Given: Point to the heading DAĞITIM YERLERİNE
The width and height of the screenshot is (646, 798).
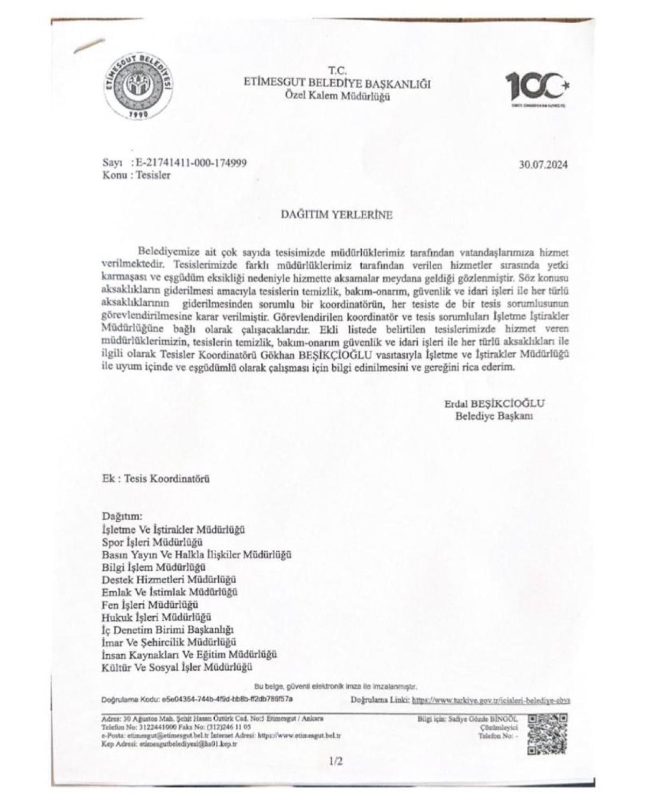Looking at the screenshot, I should pyautogui.click(x=337, y=214).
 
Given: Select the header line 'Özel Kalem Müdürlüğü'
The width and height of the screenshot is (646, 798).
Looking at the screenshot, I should pyautogui.click(x=337, y=97).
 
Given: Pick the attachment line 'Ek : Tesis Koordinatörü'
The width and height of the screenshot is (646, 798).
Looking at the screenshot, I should pyautogui.click(x=156, y=478).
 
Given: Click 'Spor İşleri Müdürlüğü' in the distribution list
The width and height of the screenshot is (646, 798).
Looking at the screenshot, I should pyautogui.click(x=152, y=542).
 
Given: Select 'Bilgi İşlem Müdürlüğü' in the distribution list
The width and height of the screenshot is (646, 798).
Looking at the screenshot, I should pyautogui.click(x=154, y=567).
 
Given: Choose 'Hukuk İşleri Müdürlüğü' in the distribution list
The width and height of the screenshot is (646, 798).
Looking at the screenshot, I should pyautogui.click(x=156, y=617).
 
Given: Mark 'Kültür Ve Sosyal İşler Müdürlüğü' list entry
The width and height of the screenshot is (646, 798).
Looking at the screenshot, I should pyautogui.click(x=177, y=668).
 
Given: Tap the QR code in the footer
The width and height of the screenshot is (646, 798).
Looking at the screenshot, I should pyautogui.click(x=549, y=734).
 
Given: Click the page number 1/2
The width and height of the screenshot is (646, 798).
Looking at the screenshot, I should pyautogui.click(x=335, y=761).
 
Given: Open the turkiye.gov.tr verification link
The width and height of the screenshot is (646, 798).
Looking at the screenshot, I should pyautogui.click(x=490, y=701).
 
